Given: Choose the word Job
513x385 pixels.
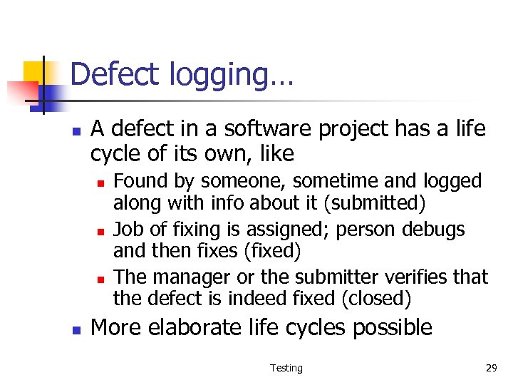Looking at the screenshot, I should coord(128,229).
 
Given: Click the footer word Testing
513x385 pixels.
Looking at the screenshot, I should coord(286,368).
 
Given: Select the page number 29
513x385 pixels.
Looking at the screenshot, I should coord(491,368).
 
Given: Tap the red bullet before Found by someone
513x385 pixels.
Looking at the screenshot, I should coord(100,183).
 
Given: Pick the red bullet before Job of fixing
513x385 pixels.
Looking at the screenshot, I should coord(100,231).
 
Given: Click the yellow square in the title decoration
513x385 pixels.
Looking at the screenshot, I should coord(33,71).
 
